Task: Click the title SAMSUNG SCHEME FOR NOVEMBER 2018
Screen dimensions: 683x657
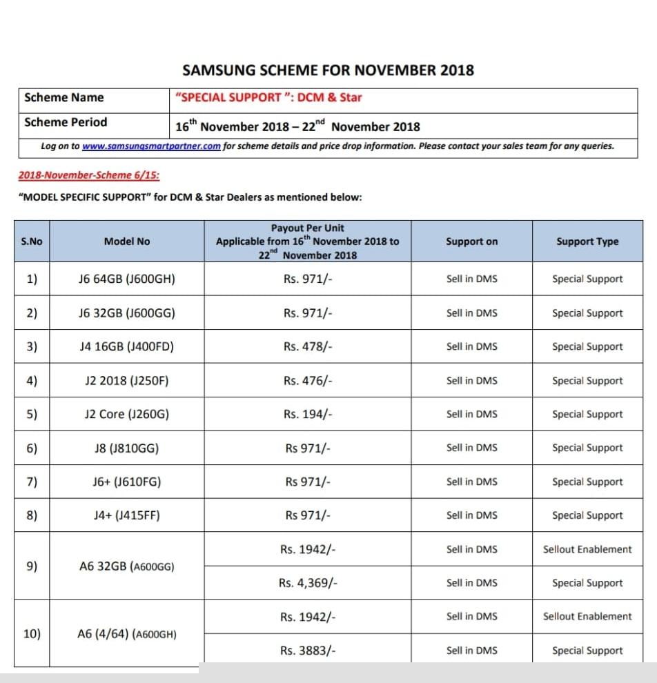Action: click(328, 70)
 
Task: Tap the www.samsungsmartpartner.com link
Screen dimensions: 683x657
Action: click(151, 146)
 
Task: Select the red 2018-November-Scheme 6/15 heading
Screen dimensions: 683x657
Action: click(89, 175)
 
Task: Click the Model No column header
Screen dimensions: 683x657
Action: click(126, 241)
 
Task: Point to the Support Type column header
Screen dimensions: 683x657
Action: click(587, 241)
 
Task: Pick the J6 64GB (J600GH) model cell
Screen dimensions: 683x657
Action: click(126, 279)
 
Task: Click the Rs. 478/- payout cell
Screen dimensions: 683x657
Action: click(308, 347)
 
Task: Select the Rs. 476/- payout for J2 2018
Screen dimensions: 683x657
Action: click(308, 381)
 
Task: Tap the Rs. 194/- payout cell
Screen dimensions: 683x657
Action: click(308, 415)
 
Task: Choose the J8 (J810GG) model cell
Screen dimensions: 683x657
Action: click(126, 448)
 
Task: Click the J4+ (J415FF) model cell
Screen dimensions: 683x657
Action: click(126, 515)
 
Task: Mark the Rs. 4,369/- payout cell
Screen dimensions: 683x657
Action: click(308, 583)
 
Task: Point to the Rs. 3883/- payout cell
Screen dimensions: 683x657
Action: click(308, 651)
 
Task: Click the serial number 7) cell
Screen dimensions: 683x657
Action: click(32, 482)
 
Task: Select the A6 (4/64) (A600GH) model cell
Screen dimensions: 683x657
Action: click(126, 634)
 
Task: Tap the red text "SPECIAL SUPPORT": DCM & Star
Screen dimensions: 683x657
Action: click(269, 97)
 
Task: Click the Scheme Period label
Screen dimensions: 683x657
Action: click(66, 123)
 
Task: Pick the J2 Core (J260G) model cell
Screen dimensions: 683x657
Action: click(126, 415)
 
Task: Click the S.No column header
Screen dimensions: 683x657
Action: click(32, 241)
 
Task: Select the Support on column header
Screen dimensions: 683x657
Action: click(471, 241)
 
